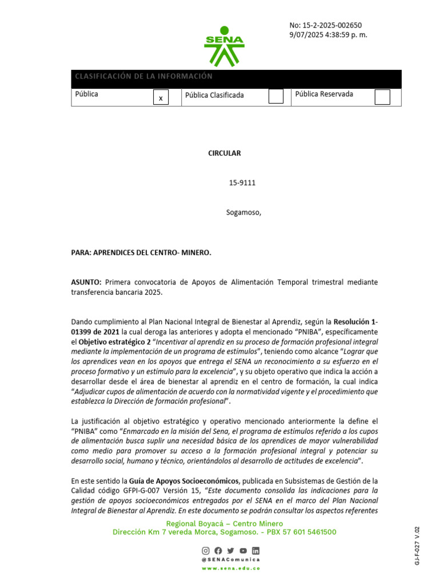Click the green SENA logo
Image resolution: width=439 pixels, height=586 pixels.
tap(224, 45)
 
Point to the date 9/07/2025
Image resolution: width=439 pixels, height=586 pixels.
tap(308, 35)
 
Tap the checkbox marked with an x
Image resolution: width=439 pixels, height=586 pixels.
tap(161, 98)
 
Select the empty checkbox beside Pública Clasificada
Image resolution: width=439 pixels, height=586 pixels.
tap(276, 96)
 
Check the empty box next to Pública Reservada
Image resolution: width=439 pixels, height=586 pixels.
tap(382, 97)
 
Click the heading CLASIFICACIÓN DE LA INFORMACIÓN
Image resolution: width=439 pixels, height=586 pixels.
tap(143, 77)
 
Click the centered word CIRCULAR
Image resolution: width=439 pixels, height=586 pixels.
tap(224, 153)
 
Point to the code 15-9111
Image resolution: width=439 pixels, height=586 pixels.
tap(242, 183)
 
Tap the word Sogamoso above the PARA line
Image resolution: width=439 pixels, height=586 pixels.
tap(243, 213)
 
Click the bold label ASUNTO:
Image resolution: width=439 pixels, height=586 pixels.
tap(86, 282)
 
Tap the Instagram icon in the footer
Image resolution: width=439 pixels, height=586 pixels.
tap(206, 551)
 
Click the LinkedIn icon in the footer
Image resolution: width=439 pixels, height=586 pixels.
tap(256, 551)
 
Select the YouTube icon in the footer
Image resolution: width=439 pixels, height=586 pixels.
tap(243, 551)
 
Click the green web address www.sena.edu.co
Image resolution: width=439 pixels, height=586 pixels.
tap(230, 568)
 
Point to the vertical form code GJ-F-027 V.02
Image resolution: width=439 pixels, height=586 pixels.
tap(417, 547)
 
